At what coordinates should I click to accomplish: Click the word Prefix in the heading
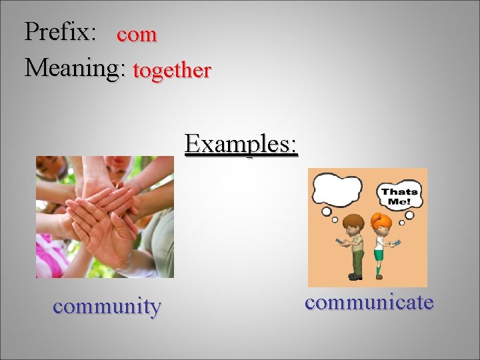59,32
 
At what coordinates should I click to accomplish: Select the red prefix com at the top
137,35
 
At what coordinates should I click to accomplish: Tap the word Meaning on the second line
73,68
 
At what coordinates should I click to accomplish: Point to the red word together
172,70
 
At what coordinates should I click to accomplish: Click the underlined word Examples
241,143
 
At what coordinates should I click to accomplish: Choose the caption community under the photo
107,307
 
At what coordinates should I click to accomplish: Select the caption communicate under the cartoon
369,302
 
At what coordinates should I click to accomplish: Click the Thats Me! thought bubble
400,197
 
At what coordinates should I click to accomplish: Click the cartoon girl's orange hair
381,221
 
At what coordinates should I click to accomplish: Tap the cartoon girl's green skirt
379,254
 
